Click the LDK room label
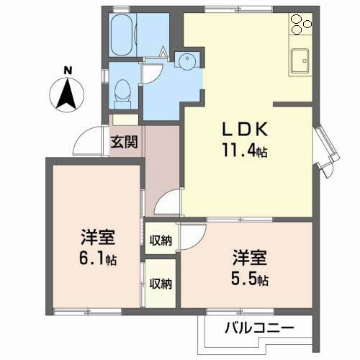(245, 130)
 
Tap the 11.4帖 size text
(245, 150)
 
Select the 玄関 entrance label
(124, 142)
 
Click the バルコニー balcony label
(259, 328)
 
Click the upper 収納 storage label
(161, 240)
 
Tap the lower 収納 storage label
(161, 284)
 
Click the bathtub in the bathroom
(122, 35)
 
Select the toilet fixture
(122, 94)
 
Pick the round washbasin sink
(187, 61)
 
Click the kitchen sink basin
(300, 61)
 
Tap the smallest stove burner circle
(307, 24)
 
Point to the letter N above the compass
(68, 71)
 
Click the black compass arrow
(66, 94)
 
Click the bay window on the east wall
(327, 152)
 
